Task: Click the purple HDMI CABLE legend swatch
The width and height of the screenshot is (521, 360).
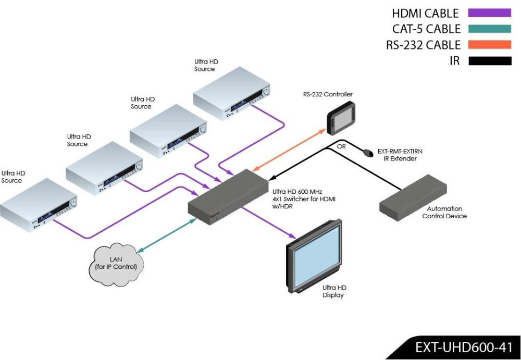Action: coord(490,13)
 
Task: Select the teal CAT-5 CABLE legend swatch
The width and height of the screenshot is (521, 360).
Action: coord(490,29)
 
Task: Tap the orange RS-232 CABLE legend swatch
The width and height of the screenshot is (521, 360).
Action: coord(490,45)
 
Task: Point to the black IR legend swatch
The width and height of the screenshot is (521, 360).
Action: coord(490,61)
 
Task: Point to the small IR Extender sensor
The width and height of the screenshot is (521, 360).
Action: coord(368,153)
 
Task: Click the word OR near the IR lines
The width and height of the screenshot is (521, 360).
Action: coord(341,146)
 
